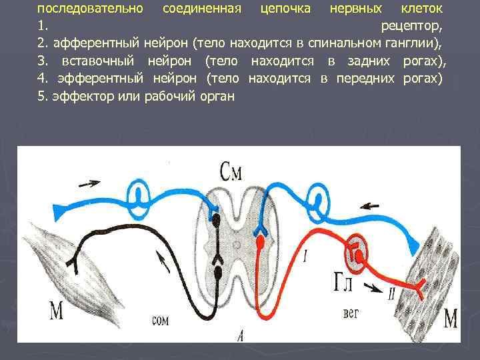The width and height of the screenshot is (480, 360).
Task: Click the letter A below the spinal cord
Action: point(239,337)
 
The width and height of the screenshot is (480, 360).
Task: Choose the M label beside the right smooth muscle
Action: point(451,319)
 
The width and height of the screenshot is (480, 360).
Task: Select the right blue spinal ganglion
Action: point(319,198)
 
